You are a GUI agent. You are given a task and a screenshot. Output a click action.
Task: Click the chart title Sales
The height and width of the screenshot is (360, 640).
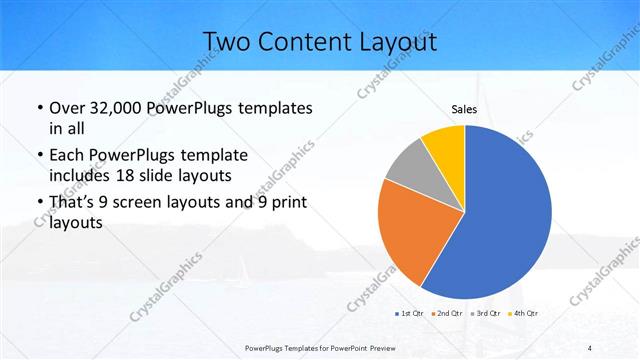click(464, 110)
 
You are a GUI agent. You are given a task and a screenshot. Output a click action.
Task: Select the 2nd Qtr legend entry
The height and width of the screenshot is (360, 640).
click(447, 314)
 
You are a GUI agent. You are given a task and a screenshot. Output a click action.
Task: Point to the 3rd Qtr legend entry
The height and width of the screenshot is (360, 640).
click(483, 314)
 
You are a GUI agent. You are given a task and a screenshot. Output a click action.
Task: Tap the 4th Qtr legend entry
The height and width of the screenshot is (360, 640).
click(520, 314)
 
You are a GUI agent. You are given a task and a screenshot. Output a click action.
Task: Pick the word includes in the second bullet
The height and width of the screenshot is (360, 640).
click(83, 176)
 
